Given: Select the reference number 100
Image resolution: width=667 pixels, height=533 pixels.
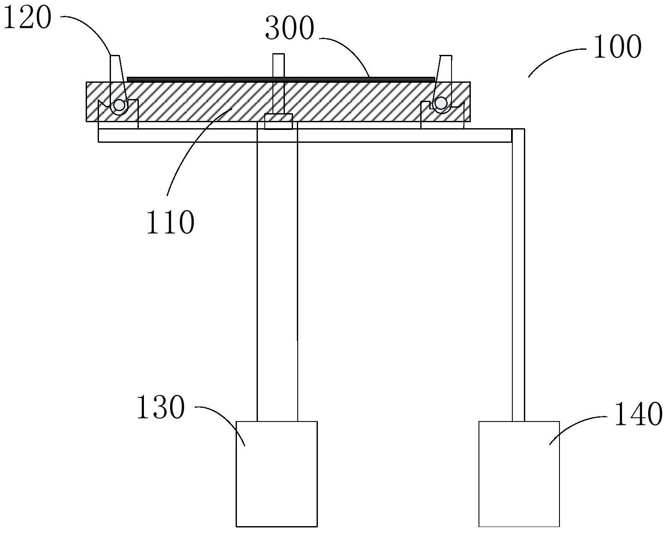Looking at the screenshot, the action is pyautogui.click(x=617, y=47).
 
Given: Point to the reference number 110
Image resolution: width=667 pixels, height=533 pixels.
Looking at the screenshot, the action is pyautogui.click(x=170, y=223).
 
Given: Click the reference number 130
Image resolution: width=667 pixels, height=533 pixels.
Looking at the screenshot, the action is pyautogui.click(x=161, y=407).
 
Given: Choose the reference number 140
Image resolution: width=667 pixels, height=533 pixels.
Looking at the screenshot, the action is pyautogui.click(x=638, y=414).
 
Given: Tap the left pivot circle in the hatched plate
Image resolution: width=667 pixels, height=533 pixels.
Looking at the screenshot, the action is pyautogui.click(x=119, y=105).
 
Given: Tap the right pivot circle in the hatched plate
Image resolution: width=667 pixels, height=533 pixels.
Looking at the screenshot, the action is pyautogui.click(x=440, y=103).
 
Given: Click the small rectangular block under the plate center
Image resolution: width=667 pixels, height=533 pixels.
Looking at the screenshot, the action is pyautogui.click(x=278, y=121).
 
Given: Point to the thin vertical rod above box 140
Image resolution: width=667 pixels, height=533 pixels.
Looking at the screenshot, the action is pyautogui.click(x=518, y=274).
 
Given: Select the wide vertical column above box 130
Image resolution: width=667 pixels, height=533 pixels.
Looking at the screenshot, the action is pyautogui.click(x=277, y=274).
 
